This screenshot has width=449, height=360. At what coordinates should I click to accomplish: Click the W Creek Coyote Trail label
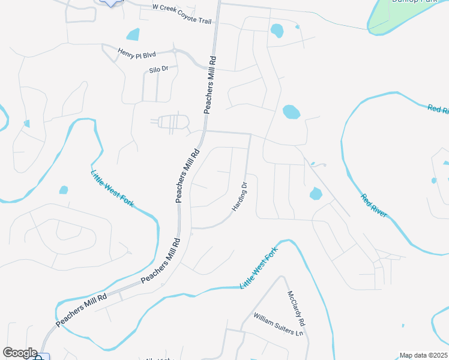coord(182,13)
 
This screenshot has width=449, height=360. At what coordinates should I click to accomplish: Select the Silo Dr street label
coord(160,70)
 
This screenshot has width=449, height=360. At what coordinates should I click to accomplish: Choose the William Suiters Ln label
coord(279,324)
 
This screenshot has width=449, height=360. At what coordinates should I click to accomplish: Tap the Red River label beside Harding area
coord(374,205)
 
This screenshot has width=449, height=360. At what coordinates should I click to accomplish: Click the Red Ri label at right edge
coord(438,109)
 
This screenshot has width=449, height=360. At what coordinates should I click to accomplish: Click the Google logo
coord(20,353)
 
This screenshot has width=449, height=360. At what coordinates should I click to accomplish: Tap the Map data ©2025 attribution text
coord(423,355)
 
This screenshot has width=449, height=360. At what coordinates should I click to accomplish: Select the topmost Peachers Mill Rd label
coord(210,85)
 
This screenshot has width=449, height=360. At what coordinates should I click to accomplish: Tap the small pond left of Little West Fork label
coord(64,190)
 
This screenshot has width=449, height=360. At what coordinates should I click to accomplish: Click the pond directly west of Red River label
coord(315,193)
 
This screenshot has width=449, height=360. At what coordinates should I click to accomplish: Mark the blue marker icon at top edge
coord(110,2)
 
